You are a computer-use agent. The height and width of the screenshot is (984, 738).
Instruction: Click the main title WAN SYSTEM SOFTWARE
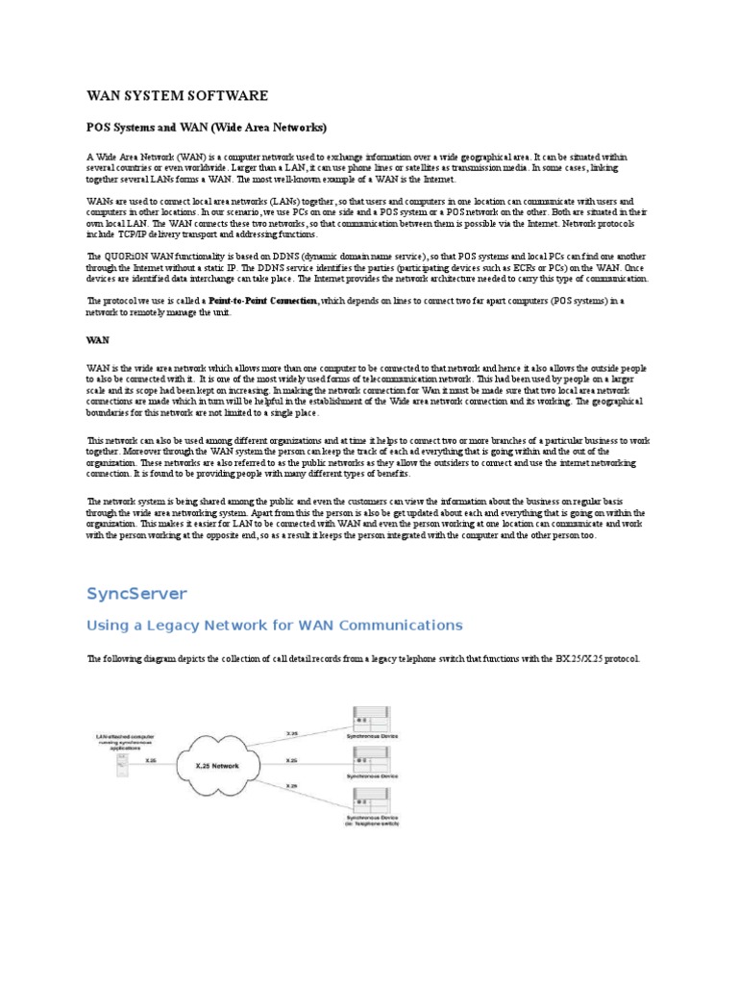pyautogui.click(x=178, y=96)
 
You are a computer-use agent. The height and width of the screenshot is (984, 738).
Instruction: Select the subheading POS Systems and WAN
pyautogui.click(x=207, y=127)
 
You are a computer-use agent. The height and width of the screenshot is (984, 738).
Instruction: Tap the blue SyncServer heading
pyautogui.click(x=136, y=593)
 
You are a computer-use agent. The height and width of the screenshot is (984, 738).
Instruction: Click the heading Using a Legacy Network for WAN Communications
pyautogui.click(x=275, y=626)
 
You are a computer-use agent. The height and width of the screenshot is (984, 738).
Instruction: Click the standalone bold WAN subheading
pyautogui.click(x=98, y=339)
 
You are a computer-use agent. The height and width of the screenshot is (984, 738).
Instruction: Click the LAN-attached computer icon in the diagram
pyautogui.click(x=122, y=764)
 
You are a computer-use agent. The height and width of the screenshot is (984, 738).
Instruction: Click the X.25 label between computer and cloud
pyautogui.click(x=151, y=759)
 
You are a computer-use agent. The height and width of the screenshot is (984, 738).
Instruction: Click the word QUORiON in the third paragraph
pyautogui.click(x=125, y=257)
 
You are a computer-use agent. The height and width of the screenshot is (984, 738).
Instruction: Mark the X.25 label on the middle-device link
pyautogui.click(x=291, y=759)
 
